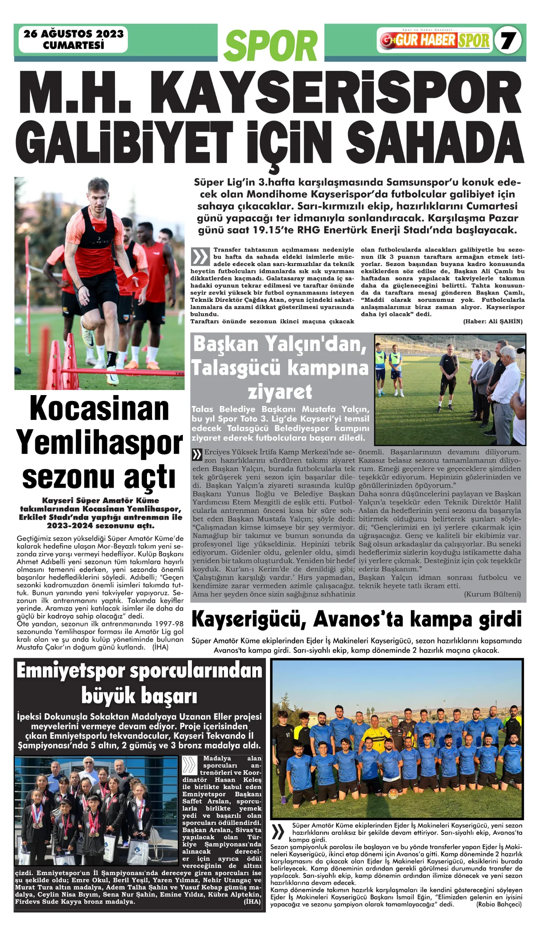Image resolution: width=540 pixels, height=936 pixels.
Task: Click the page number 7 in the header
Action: click(508, 40)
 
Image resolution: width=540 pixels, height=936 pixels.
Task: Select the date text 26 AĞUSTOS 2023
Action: click(73, 34)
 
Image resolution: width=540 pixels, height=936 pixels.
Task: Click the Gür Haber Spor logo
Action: click(435, 40)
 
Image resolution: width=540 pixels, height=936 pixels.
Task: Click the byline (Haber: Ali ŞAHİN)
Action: click(492, 321)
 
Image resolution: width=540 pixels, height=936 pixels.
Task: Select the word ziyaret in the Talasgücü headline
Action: click(280, 392)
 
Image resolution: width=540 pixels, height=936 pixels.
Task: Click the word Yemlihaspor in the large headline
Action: click(99, 443)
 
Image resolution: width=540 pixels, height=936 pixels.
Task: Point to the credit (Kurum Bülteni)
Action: click(492, 594)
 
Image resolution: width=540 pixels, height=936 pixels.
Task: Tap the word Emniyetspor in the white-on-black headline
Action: click(72, 671)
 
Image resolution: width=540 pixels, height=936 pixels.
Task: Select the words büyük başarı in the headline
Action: click(139, 696)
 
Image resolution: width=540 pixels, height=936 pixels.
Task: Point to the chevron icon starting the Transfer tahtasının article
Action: click(200, 257)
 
